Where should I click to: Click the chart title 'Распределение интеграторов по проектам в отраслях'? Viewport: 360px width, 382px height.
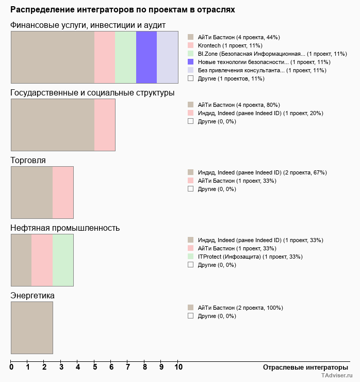(x=123, y=10)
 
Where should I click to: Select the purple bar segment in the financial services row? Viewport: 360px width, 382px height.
(x=146, y=57)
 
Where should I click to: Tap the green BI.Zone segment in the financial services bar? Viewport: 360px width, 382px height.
(x=125, y=57)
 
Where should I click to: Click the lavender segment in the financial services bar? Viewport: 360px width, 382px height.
(x=168, y=57)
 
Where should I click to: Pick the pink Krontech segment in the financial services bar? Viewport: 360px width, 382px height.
(x=105, y=57)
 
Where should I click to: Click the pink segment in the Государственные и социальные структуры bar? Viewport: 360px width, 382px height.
(x=105, y=125)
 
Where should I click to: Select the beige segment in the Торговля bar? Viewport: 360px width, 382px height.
(x=32, y=193)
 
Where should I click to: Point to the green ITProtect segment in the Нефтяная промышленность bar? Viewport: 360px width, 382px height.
(x=63, y=260)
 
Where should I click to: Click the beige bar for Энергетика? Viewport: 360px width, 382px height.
(x=32, y=328)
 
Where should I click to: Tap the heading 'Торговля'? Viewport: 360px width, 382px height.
(x=28, y=161)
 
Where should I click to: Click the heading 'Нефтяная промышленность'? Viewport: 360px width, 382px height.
(x=65, y=228)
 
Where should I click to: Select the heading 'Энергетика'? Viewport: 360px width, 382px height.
(x=32, y=296)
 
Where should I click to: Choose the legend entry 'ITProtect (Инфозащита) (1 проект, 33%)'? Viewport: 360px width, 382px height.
(x=250, y=257)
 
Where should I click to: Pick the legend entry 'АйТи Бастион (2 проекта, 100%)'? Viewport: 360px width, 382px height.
(x=240, y=308)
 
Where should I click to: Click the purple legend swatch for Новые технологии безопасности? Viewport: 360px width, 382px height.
(x=190, y=62)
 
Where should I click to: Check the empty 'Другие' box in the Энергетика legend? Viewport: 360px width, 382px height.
(x=190, y=316)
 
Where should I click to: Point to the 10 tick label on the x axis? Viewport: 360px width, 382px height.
(x=178, y=368)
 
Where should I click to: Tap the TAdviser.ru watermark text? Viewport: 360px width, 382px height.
(x=337, y=376)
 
